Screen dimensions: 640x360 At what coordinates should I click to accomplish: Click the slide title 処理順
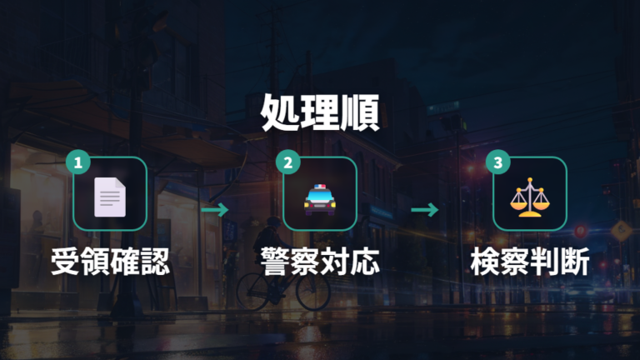pos(320,112)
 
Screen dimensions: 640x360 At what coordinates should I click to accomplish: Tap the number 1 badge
pos(78,162)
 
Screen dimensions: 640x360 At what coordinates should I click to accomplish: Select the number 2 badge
pos(287,162)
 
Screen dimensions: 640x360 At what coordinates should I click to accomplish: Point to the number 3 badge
pos(498,162)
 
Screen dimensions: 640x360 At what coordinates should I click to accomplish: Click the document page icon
pos(110,197)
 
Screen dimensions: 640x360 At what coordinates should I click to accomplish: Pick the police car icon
pos(320,199)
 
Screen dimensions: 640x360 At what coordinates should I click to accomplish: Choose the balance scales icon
pos(530,197)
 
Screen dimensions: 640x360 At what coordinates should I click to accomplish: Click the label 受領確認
pos(110,261)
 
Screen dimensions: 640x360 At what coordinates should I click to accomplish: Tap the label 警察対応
pos(320,261)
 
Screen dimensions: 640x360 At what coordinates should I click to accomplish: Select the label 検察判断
pos(530,261)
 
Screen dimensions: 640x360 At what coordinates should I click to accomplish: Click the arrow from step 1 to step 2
pos(215,210)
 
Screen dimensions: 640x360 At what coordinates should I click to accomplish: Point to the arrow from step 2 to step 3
pos(424,210)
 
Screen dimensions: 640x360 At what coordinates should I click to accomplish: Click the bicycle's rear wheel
pos(252,291)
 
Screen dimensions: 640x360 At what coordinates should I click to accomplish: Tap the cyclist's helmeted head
pos(274,222)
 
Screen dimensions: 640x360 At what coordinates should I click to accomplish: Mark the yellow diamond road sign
pos(621,231)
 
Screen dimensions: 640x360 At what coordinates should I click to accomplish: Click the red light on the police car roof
pos(317,187)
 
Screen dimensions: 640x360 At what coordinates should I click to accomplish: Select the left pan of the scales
pos(518,201)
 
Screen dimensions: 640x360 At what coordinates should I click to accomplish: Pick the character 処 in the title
pos(280,113)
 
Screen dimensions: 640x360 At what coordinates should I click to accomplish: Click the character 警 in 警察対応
pos(275,261)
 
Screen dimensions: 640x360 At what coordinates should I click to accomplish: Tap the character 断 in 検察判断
pos(575,261)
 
